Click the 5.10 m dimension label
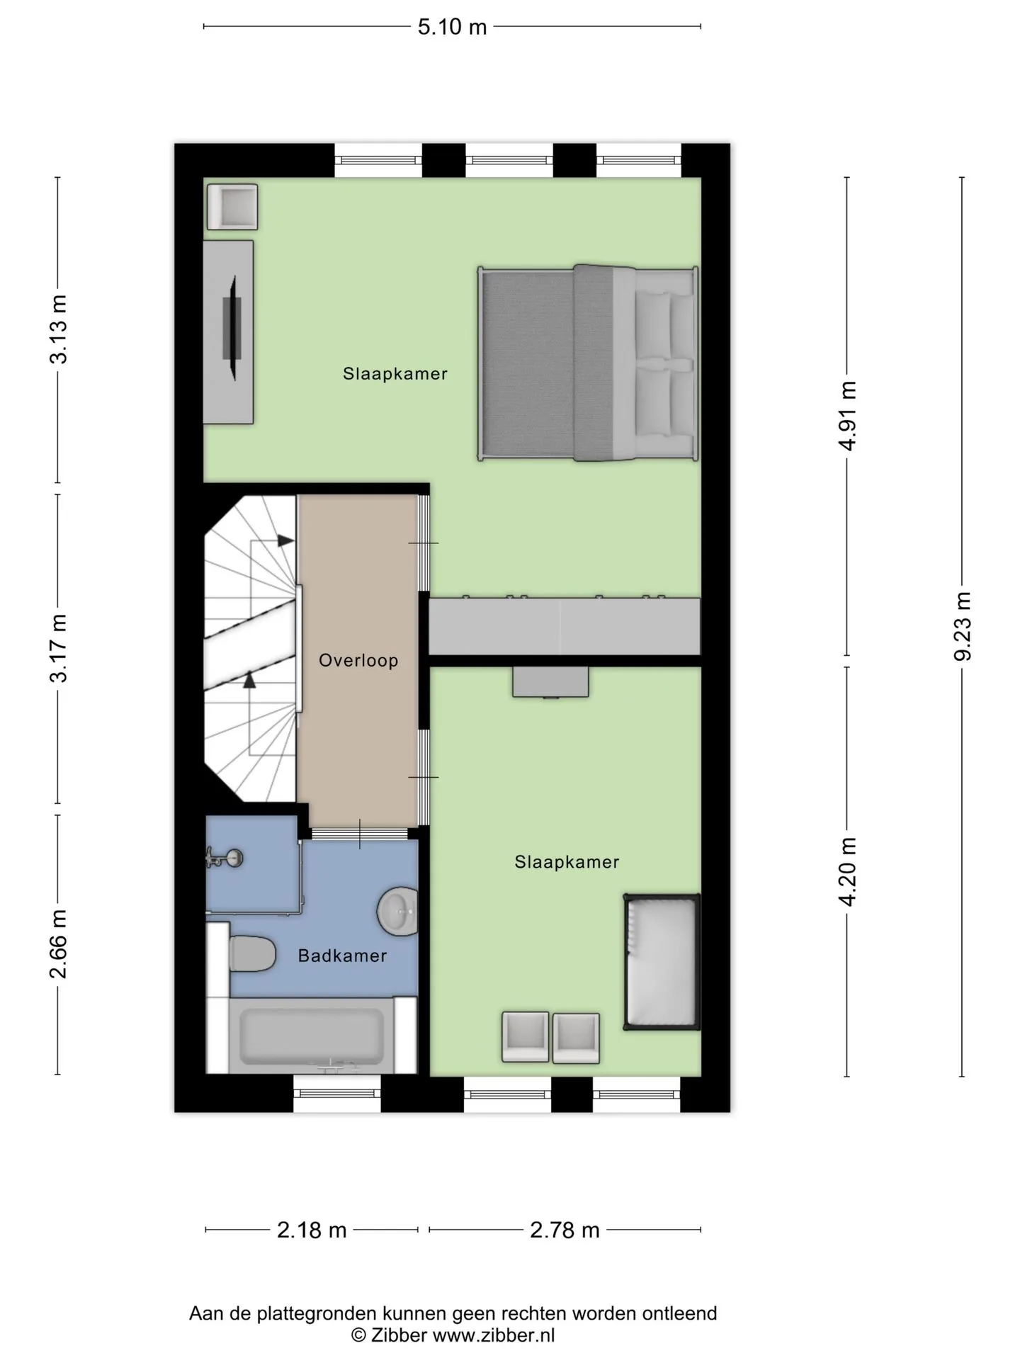(x=452, y=27)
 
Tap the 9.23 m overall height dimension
(x=962, y=626)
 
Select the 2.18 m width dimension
(x=312, y=1230)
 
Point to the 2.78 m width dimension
(x=565, y=1230)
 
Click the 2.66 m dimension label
(x=58, y=944)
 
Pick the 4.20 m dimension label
(x=847, y=871)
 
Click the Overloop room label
(x=358, y=661)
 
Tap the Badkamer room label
(x=342, y=956)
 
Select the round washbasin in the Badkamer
(x=397, y=911)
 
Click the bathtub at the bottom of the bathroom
(x=312, y=1036)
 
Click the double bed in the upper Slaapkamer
(x=589, y=363)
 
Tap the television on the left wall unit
(x=232, y=328)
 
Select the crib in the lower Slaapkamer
(x=662, y=962)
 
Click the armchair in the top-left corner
(x=232, y=207)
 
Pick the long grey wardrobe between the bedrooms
(x=565, y=626)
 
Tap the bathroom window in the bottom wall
(x=337, y=1094)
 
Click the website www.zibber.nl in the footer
(x=494, y=1335)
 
